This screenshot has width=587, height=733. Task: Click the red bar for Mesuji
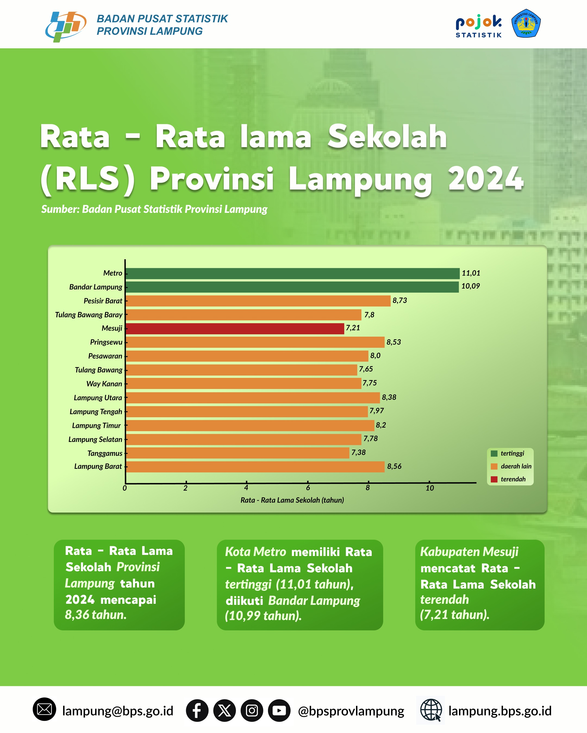click(235, 328)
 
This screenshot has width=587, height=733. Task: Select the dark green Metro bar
click(293, 273)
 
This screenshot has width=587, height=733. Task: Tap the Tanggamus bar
click(238, 453)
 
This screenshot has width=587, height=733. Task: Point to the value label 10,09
click(470, 286)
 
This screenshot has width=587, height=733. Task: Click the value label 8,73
click(399, 301)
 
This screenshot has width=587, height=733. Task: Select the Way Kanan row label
click(104, 384)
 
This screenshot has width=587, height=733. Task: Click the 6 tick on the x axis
click(308, 488)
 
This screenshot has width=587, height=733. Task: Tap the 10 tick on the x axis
click(430, 488)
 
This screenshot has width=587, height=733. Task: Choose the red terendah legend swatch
click(494, 479)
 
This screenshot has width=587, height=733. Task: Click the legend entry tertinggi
click(508, 454)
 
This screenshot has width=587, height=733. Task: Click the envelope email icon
click(44, 710)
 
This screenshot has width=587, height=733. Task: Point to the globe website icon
click(431, 710)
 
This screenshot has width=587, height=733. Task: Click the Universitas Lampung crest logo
click(526, 23)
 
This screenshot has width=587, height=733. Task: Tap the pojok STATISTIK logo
click(479, 26)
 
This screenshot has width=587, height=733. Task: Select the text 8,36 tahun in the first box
click(96, 615)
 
